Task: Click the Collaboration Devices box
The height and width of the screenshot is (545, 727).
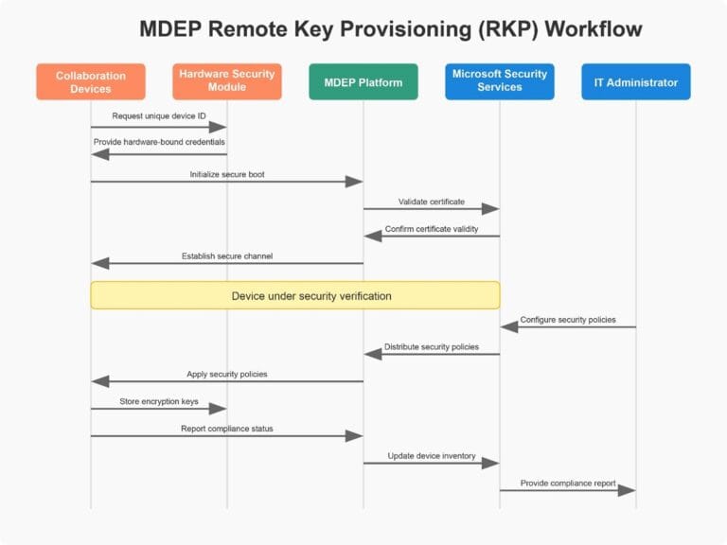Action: coord(91,82)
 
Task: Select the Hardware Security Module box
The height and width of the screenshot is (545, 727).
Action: coord(226,81)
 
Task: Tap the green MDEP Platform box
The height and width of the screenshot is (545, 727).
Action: coord(363,82)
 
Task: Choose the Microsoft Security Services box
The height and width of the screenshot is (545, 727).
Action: coord(499,81)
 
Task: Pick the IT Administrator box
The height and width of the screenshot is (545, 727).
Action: coord(635,82)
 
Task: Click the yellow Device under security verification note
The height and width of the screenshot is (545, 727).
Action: coord(294,295)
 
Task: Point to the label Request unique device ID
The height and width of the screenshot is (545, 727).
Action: coord(158,115)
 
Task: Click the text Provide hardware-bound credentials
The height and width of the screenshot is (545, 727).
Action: coord(159,142)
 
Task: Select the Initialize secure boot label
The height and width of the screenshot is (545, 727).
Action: coord(227,174)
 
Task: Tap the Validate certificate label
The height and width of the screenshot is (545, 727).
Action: coord(431,202)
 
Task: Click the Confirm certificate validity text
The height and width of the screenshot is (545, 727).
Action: coord(431,229)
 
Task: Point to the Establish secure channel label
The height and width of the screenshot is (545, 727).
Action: coord(227,256)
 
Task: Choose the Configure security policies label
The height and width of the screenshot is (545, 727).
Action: coord(568,320)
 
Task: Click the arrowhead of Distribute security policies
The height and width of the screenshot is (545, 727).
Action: coord(372,354)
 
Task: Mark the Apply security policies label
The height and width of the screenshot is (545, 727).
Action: coord(227,374)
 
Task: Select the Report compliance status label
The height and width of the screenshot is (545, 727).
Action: coord(227,429)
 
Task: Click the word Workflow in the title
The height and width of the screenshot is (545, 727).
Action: coord(588,29)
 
